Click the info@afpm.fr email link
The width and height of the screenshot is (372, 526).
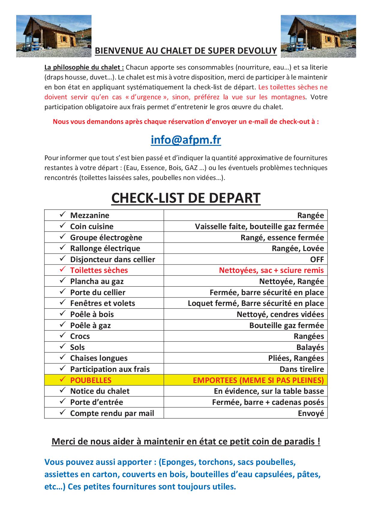coord(186,140)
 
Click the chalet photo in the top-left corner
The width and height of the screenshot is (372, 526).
coord(54,36)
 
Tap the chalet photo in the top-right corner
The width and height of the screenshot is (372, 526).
coord(318,36)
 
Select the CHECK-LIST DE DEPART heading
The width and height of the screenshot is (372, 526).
coord(186,198)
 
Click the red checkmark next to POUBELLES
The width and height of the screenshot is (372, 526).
coord(62,379)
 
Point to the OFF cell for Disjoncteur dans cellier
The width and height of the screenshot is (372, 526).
coord(317,259)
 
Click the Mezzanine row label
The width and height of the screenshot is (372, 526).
coord(90,215)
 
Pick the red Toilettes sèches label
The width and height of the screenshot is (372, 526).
coord(99,270)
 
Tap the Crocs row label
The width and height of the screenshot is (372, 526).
coord(80,336)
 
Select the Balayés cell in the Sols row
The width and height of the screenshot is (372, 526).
coord(310,347)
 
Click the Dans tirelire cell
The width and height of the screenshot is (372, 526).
coord(302,369)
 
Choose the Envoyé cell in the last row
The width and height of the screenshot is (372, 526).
coord(311,413)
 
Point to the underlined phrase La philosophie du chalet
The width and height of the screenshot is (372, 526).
coord(84,67)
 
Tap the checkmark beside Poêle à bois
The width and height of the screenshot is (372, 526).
coord(62,313)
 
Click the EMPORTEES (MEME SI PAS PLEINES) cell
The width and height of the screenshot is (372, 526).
coord(258,380)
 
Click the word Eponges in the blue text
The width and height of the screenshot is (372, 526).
coord(175,462)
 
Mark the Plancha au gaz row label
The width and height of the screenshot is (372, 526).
coord(97,281)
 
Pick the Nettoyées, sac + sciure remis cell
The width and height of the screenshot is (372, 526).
coord(271,270)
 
